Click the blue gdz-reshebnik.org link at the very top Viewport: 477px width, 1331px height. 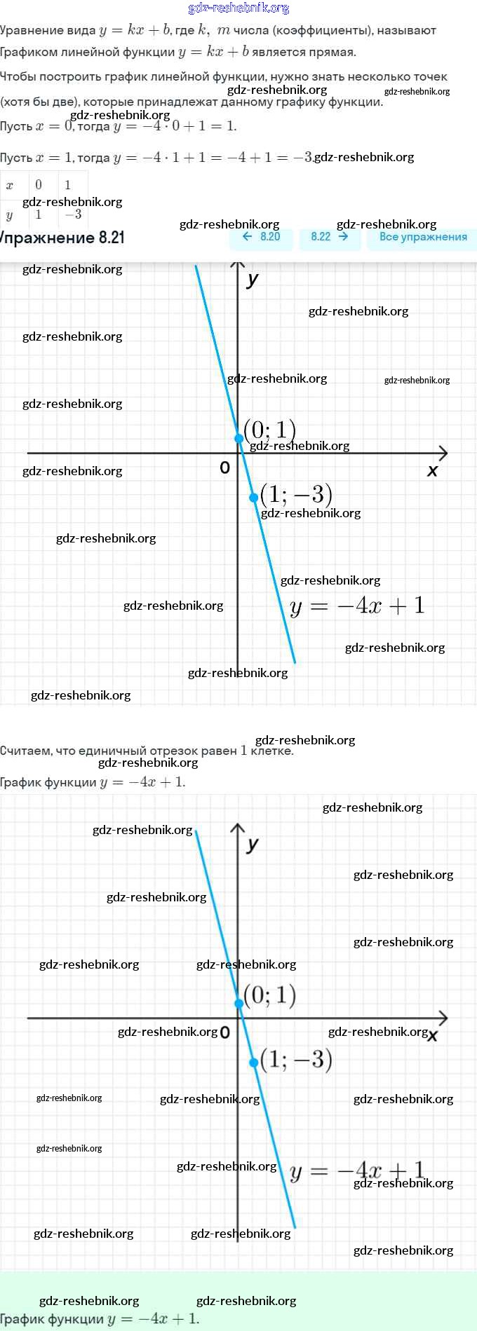pos(238,8)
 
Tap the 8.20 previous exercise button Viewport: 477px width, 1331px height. pos(261,237)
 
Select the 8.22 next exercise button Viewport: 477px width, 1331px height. pos(329,237)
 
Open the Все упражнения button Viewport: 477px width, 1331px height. pos(422,237)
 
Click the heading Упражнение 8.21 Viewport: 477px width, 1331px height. pos(63,238)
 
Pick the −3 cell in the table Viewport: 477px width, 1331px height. pos(73,214)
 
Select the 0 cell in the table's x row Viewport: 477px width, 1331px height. pos(39,185)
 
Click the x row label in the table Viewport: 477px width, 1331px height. pos(10,185)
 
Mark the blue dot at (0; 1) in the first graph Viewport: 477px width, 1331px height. pos(238,439)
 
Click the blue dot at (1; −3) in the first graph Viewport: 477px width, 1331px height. pos(254,498)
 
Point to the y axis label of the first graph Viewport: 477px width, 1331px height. pos(253,280)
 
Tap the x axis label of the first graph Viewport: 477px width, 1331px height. pos(432,471)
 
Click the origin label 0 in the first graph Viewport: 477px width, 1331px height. pos(224,467)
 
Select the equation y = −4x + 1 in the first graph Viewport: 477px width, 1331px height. pos(357,606)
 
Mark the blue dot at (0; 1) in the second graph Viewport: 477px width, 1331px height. pos(238,1004)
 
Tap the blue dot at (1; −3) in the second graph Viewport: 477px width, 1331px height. pos(254,1063)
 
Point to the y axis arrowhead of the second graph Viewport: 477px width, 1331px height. pos(238,828)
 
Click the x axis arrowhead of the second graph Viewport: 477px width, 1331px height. pos(443,1018)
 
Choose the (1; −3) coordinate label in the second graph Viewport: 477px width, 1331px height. pos(296,1059)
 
